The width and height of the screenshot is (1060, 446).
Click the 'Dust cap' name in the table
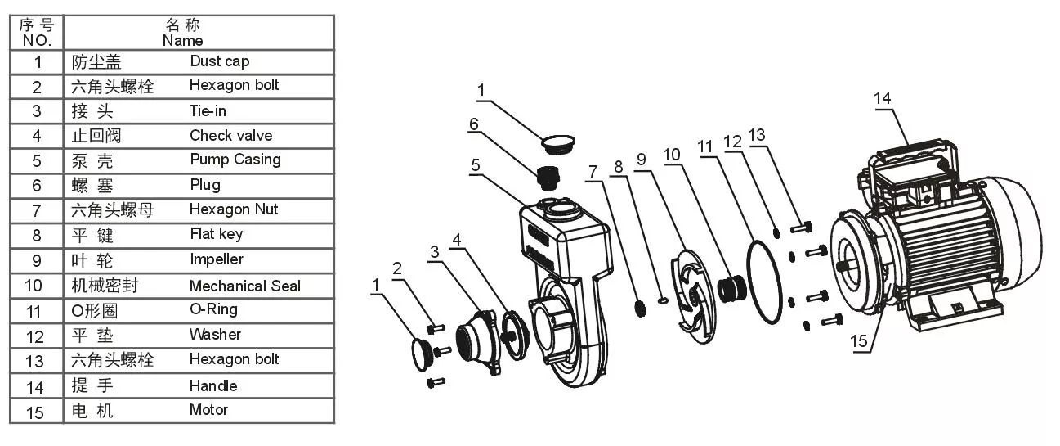[220, 61]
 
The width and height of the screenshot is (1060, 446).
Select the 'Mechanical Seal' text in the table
[245, 286]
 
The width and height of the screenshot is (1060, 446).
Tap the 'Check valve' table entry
[231, 136]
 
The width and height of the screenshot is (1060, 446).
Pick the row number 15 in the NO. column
[35, 412]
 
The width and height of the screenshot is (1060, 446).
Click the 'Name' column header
[183, 40]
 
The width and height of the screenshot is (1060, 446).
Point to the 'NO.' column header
[37, 40]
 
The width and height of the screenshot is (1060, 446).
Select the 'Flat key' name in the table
[217, 234]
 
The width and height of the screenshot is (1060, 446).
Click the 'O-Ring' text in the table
[213, 309]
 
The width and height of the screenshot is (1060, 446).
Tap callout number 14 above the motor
[882, 98]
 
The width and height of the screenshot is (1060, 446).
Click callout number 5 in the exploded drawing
[476, 165]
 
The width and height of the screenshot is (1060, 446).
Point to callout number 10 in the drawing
[672, 155]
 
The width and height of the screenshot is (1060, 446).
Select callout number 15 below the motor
[858, 341]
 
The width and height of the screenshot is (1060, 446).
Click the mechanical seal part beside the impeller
[731, 288]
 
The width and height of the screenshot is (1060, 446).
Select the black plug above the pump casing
[548, 178]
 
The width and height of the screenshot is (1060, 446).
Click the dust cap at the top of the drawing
[558, 144]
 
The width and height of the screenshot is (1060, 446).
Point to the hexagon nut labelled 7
[640, 309]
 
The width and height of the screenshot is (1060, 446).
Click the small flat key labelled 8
[663, 300]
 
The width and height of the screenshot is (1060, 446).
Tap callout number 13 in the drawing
[756, 135]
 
